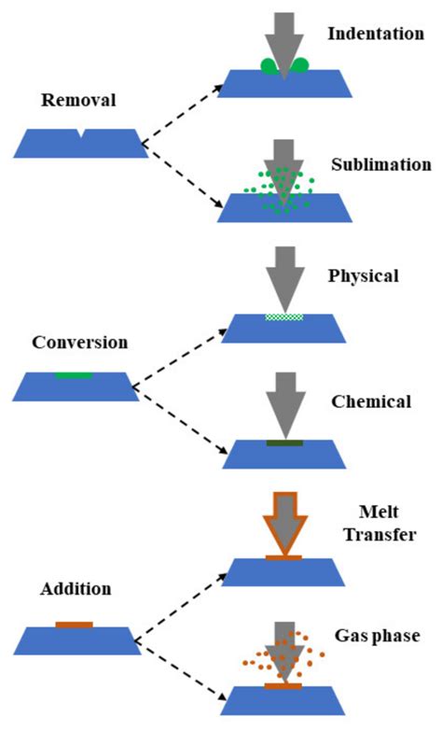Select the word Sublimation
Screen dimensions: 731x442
click(x=380, y=164)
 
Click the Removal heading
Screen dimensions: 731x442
click(x=72, y=99)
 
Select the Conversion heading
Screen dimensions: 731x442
click(x=79, y=343)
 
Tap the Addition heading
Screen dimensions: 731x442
click(x=76, y=589)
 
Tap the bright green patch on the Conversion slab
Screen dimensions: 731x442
click(x=73, y=375)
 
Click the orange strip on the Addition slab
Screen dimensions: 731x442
click(x=74, y=624)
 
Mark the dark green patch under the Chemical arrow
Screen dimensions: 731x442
click(x=284, y=442)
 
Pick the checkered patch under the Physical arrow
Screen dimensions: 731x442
click(x=284, y=316)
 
